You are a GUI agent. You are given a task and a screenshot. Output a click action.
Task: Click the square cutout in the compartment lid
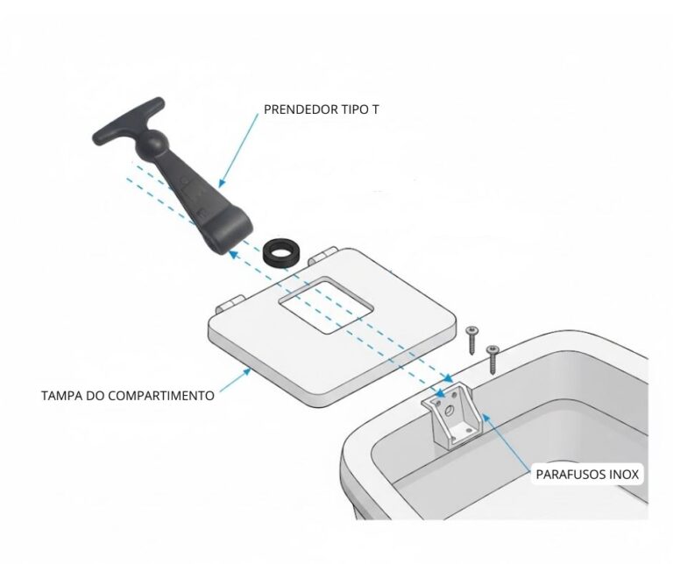pos(325,305)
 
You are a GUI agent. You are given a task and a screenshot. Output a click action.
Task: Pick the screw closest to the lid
pos(472,340)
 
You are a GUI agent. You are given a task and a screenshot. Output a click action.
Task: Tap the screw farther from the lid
pos(492,358)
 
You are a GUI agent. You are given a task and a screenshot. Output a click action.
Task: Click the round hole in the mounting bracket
pos(448,411)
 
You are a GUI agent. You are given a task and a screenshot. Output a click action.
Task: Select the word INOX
pos(624,475)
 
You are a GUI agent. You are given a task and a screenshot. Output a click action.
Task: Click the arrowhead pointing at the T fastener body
pos(221,183)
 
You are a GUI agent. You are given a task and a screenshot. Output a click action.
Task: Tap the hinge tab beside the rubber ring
pos(322,256)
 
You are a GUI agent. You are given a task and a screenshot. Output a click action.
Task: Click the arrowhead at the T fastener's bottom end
pos(232,254)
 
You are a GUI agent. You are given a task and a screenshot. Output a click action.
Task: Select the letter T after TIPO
pos(376,109)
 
